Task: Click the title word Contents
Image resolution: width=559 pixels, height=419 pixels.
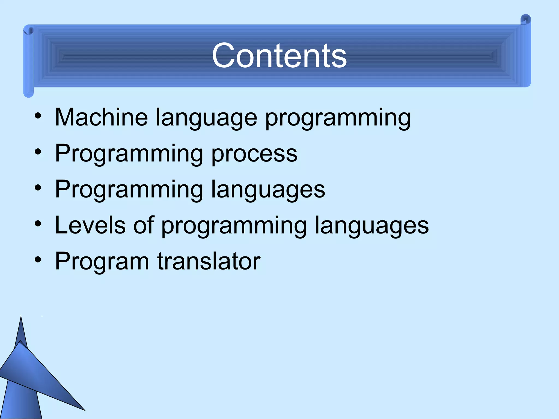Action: (x=279, y=56)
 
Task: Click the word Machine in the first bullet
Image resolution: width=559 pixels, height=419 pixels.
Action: (x=101, y=117)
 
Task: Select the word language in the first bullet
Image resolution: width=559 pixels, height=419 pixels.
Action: (x=206, y=118)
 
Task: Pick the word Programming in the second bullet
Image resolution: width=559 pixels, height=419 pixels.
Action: (x=129, y=154)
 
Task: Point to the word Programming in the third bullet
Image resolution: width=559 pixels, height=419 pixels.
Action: (x=129, y=190)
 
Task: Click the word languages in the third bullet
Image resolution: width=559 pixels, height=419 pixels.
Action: (x=268, y=190)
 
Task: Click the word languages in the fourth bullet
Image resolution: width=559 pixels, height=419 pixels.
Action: (x=371, y=226)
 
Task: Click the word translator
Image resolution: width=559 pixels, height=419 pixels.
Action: (x=209, y=261)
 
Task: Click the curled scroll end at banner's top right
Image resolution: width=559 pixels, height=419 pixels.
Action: (x=525, y=20)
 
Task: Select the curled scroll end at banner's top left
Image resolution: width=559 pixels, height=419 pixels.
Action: (x=28, y=31)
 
